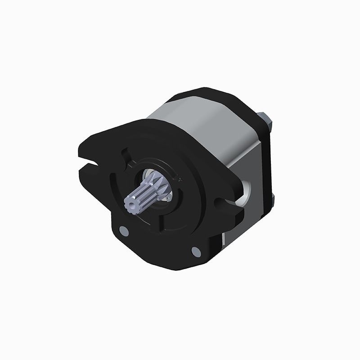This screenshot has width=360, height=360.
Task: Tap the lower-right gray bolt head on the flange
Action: coord(196,252)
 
